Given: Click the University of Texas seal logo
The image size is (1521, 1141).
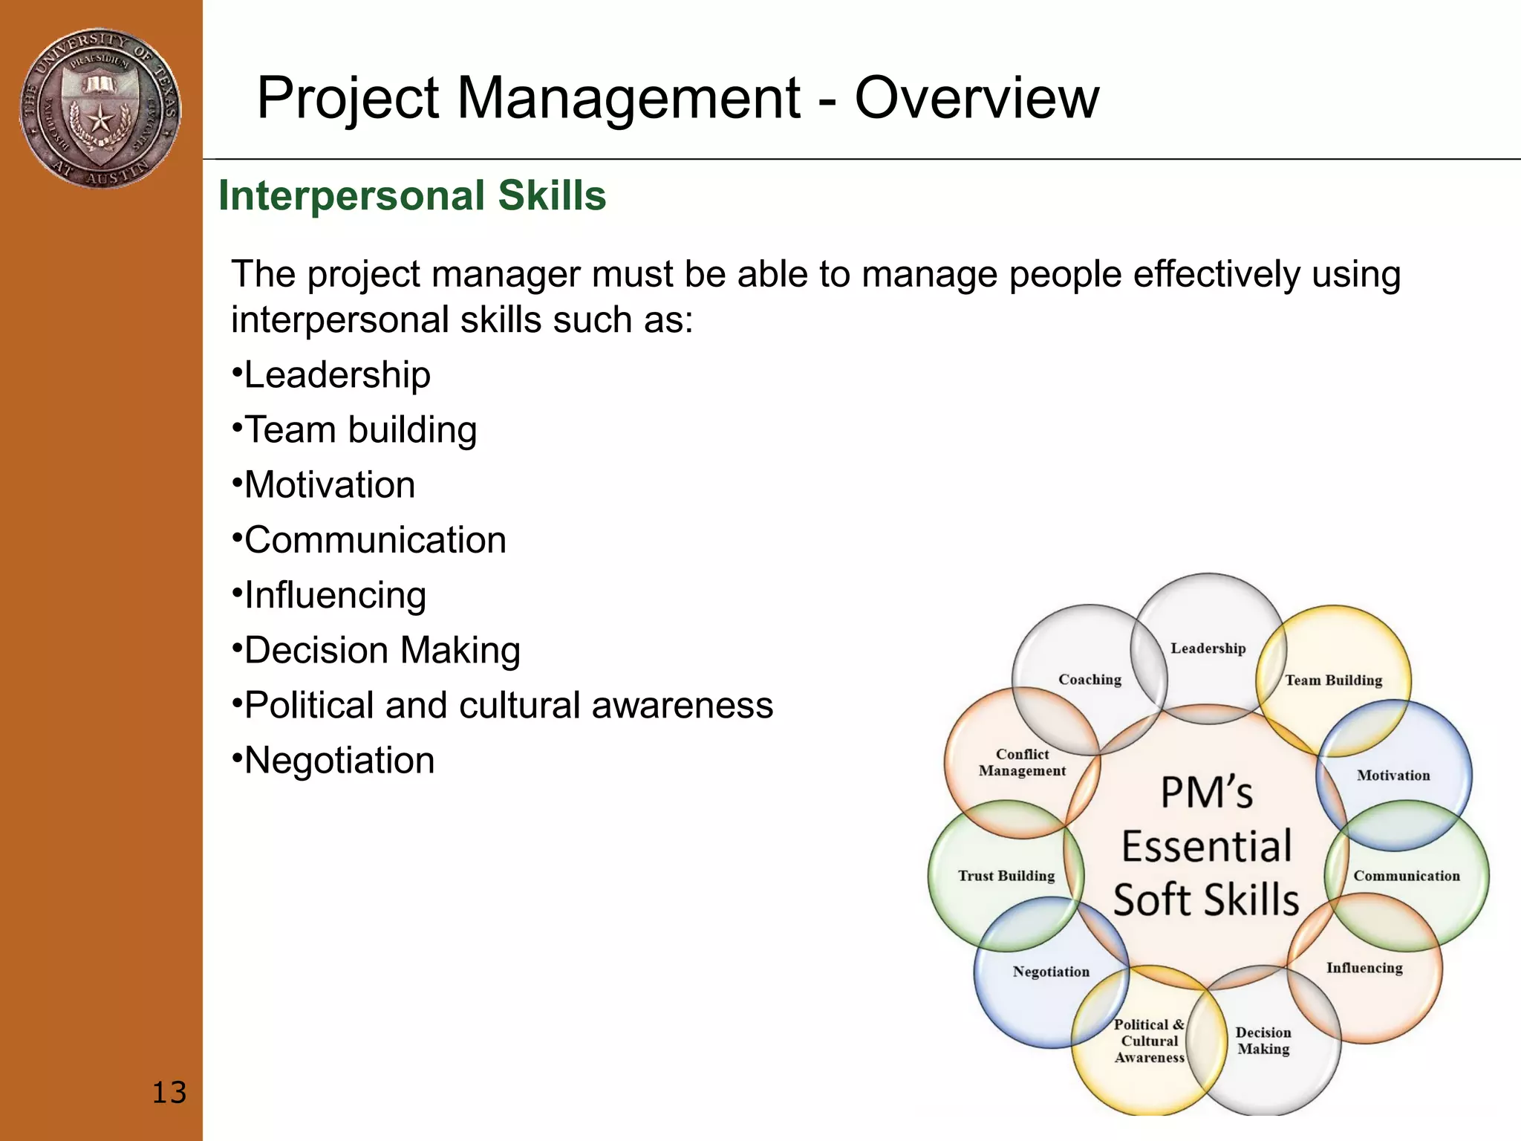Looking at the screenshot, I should (100, 108).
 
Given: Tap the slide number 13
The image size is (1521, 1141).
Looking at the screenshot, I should (169, 1093).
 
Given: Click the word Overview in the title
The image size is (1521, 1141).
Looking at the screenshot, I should (976, 98).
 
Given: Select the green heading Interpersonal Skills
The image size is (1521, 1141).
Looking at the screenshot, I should (412, 196).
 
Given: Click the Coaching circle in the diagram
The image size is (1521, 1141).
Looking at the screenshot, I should (1090, 680).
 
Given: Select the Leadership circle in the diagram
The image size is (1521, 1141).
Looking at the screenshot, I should (1208, 648).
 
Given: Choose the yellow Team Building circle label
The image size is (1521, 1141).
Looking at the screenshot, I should (1333, 680).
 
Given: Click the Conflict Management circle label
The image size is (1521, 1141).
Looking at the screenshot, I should (1022, 763).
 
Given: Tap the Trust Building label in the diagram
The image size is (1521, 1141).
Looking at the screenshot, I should (1006, 876).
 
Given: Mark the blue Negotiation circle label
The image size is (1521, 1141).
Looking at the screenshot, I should (1051, 972).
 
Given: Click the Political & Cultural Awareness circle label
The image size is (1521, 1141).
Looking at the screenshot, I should (1149, 1041).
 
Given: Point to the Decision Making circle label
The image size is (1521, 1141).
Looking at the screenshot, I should (1263, 1041).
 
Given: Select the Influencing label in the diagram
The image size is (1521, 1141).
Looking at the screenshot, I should (1364, 968).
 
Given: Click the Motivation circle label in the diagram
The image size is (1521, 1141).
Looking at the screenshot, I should (1393, 776).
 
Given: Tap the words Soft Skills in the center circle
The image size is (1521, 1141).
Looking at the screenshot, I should (1206, 900).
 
